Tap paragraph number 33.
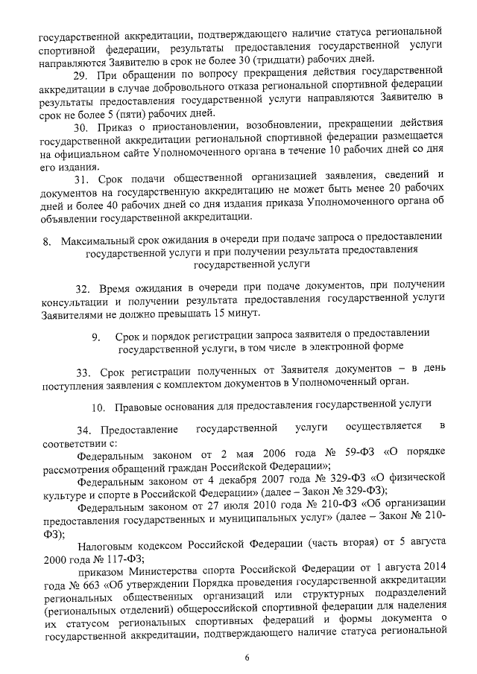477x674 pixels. pyautogui.click(x=83, y=370)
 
